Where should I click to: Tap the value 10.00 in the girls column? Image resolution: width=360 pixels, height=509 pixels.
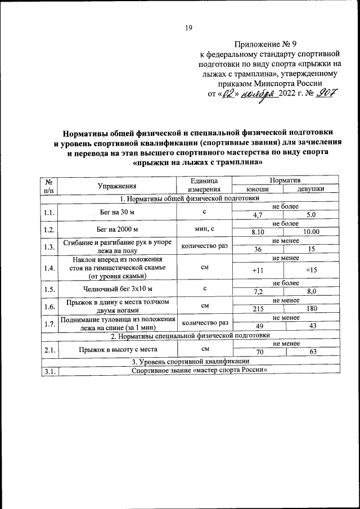click(x=312, y=231)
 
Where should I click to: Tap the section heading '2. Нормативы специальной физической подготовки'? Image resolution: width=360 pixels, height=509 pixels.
click(x=190, y=336)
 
